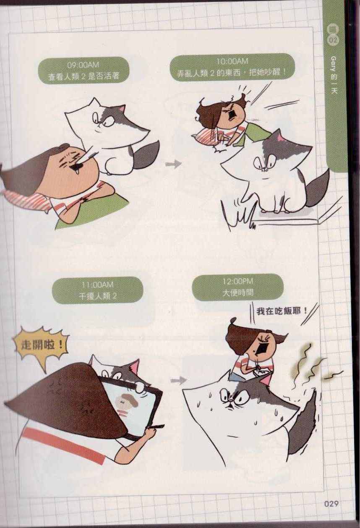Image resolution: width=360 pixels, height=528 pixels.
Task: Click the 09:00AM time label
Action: [x=83, y=65]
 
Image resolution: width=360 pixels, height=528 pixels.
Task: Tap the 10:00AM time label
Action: [x=232, y=62]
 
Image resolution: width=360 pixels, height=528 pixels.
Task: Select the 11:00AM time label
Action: [x=97, y=285]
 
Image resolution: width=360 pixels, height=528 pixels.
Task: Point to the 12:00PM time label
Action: [x=238, y=281]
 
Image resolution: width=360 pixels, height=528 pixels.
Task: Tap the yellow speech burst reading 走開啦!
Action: [x=41, y=346]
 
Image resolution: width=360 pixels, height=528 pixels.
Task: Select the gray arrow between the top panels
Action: [x=173, y=164]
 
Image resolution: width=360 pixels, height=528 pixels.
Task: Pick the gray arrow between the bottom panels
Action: [x=178, y=380]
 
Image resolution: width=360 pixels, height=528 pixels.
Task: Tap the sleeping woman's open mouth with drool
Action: [x=75, y=168]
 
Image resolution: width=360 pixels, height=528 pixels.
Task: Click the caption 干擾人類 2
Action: [x=97, y=296]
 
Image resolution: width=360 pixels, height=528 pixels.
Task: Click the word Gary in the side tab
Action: [x=334, y=63]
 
